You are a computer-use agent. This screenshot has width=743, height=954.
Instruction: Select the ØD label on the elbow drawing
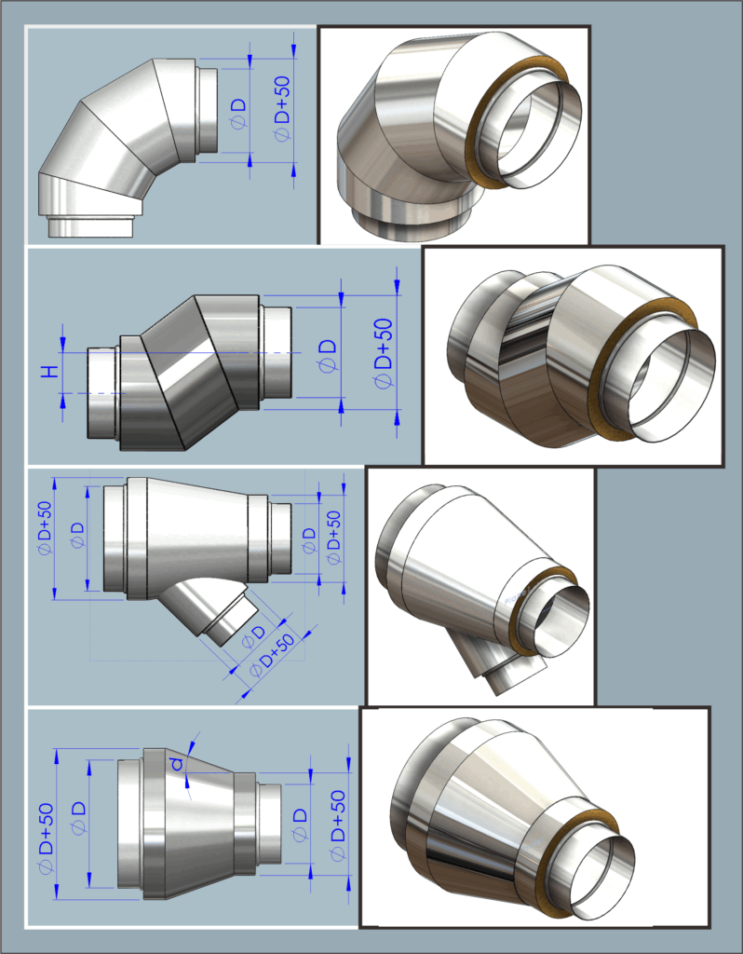click(239, 113)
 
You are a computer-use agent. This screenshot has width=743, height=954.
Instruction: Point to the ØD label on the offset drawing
click(328, 356)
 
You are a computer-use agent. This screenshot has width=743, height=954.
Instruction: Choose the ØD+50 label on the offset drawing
click(383, 352)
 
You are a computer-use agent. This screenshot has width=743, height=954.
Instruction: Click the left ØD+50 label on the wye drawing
click(45, 527)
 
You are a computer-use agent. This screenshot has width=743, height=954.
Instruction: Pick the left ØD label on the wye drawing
click(78, 535)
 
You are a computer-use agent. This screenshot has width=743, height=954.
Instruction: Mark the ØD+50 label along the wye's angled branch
click(273, 655)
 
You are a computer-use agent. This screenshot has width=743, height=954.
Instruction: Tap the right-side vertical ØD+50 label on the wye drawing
click(334, 538)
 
